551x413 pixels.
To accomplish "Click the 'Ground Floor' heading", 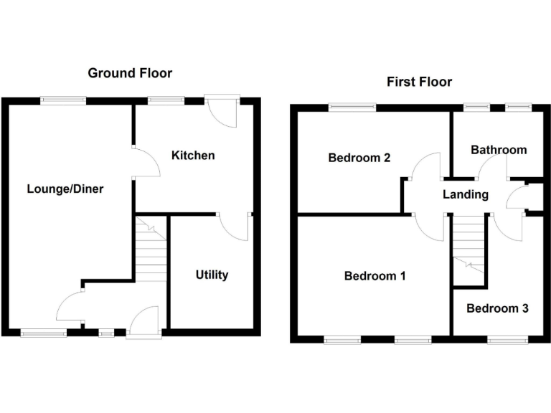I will [x=130, y=73].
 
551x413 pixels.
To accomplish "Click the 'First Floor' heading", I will [x=419, y=82].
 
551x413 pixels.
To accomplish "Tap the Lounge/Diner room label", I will [x=65, y=189].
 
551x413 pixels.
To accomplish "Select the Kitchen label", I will [x=193, y=155].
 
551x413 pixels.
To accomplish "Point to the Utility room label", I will [x=212, y=275].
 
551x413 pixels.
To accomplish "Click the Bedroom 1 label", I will [x=375, y=275].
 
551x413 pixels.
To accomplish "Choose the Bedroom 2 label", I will [x=359, y=158].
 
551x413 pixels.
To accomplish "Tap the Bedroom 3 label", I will [x=497, y=308].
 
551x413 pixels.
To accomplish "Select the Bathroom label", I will [x=498, y=150].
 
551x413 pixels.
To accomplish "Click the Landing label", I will [x=465, y=194].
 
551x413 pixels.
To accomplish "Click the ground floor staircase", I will [x=151, y=251].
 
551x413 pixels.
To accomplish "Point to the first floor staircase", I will [x=470, y=251].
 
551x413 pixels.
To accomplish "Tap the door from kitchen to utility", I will [x=235, y=227].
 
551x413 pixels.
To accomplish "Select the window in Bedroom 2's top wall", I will [x=352, y=108].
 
